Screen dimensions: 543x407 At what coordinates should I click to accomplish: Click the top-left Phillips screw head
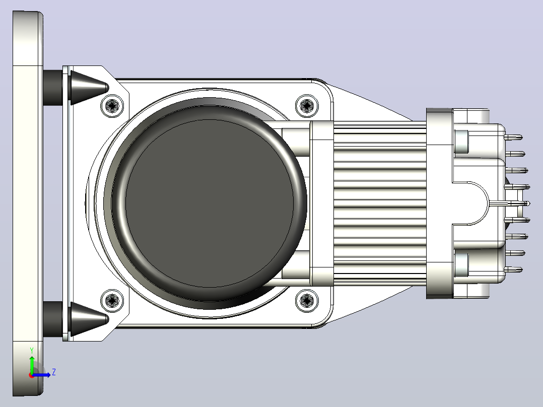point(112,105)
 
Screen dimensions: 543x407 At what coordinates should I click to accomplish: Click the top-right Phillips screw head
point(307,105)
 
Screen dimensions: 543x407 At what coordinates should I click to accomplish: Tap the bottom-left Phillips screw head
point(112,300)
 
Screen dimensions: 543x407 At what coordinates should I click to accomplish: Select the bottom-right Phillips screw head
point(307,300)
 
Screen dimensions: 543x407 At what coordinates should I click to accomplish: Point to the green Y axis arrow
point(32,364)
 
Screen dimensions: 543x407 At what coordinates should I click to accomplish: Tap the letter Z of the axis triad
point(54,372)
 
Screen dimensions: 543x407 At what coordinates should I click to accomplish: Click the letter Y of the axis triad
point(32,350)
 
